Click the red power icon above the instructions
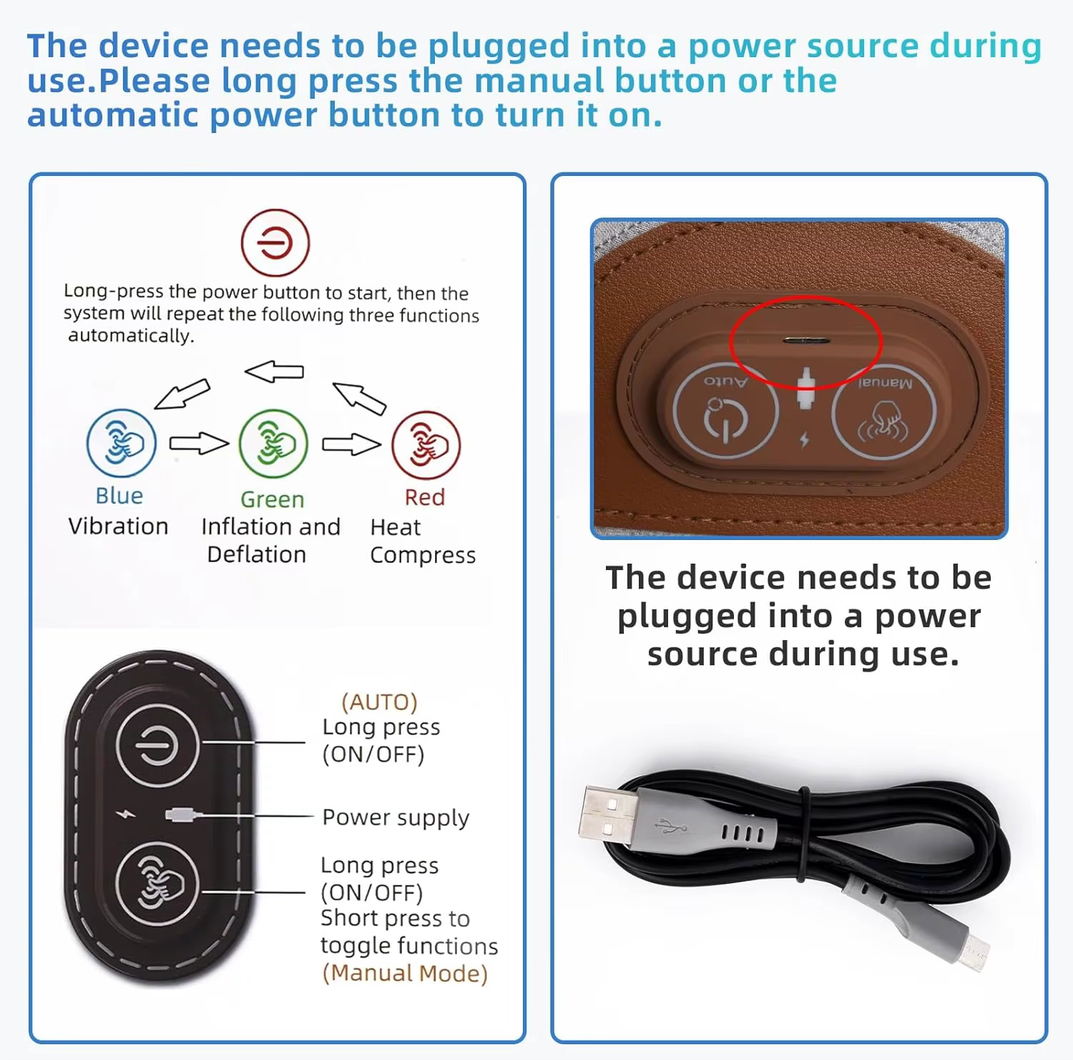click(275, 243)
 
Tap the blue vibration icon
click(121, 443)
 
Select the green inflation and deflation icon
click(273, 443)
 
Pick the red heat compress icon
click(426, 445)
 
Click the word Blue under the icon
click(119, 496)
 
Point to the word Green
click(273, 499)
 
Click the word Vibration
click(118, 526)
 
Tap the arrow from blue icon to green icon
click(199, 443)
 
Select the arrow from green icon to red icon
click(351, 444)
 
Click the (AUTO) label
click(379, 702)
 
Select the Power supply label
click(396, 818)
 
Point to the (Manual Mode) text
click(405, 973)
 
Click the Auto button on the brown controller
click(726, 411)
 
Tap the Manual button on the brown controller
click(884, 411)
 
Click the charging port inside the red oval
click(805, 340)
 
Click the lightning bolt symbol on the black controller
click(126, 814)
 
